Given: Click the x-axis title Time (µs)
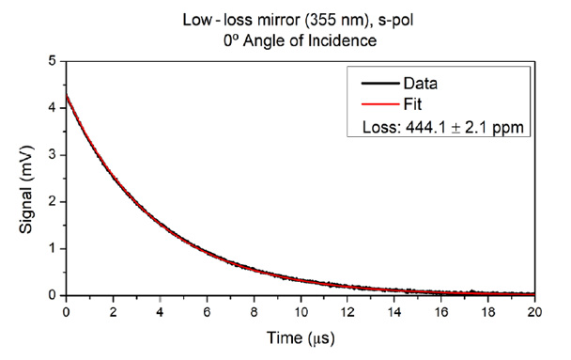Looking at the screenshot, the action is [x=301, y=338].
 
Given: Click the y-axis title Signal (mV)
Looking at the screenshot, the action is [x=26, y=190].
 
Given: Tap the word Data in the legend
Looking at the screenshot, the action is [x=420, y=84].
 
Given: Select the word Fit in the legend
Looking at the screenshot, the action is [x=412, y=104].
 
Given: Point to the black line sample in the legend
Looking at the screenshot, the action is [x=380, y=84].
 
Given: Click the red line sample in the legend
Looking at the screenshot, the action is [x=380, y=104].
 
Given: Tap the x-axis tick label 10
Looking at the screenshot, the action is [x=301, y=312].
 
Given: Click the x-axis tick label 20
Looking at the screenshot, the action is [x=534, y=312].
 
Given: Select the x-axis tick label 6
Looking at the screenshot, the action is [x=207, y=312].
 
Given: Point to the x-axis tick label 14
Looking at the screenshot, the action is [x=394, y=312].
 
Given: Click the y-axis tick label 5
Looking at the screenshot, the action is [x=53, y=61].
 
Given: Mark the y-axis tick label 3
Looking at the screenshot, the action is [x=53, y=155].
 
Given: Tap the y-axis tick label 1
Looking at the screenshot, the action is [x=53, y=248].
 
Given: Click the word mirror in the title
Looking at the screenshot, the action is [x=279, y=20].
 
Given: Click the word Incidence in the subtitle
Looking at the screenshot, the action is [x=342, y=40].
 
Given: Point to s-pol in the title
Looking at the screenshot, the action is [x=395, y=21].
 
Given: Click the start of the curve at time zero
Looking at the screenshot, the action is [x=67, y=96].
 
